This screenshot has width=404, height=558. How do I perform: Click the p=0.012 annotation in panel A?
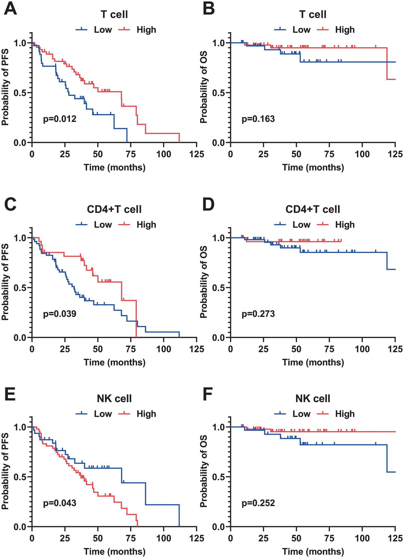pos(60,119)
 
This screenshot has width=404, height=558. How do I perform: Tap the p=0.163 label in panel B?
pos(258,119)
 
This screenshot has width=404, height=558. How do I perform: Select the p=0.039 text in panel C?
pos(60,314)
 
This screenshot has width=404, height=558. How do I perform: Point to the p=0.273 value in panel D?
pos(258,314)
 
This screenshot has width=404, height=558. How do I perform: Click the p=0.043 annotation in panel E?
pos(60,503)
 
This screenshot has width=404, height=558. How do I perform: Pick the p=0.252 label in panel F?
pos(258,503)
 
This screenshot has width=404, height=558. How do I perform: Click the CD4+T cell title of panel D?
pos(313,209)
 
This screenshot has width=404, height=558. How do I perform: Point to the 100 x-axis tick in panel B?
pos(362,154)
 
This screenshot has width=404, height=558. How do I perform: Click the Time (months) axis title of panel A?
pos(114,167)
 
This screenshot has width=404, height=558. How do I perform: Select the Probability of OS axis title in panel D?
pos(204,282)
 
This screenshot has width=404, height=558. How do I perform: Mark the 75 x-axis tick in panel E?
pos(131,539)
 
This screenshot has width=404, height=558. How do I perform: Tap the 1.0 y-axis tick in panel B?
pos(221,43)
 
